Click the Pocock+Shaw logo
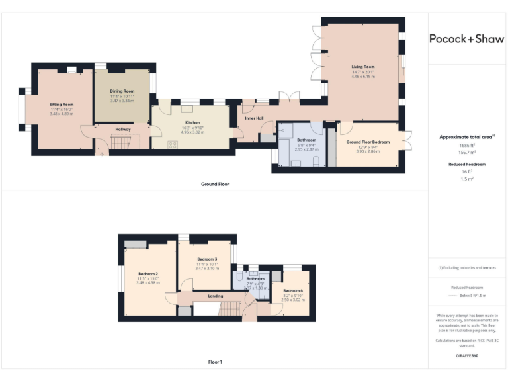(x=467, y=38)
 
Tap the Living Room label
(x=362, y=67)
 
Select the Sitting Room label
(x=62, y=105)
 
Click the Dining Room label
(x=122, y=91)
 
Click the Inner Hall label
(x=255, y=119)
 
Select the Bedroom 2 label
(x=148, y=273)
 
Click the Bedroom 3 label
(x=207, y=259)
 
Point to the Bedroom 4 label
(x=293, y=290)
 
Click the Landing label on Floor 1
(x=215, y=296)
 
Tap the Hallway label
(x=123, y=129)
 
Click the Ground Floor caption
(x=215, y=183)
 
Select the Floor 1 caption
(x=215, y=362)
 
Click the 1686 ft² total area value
(x=467, y=145)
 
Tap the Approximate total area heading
(x=467, y=137)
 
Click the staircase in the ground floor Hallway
(x=122, y=142)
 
